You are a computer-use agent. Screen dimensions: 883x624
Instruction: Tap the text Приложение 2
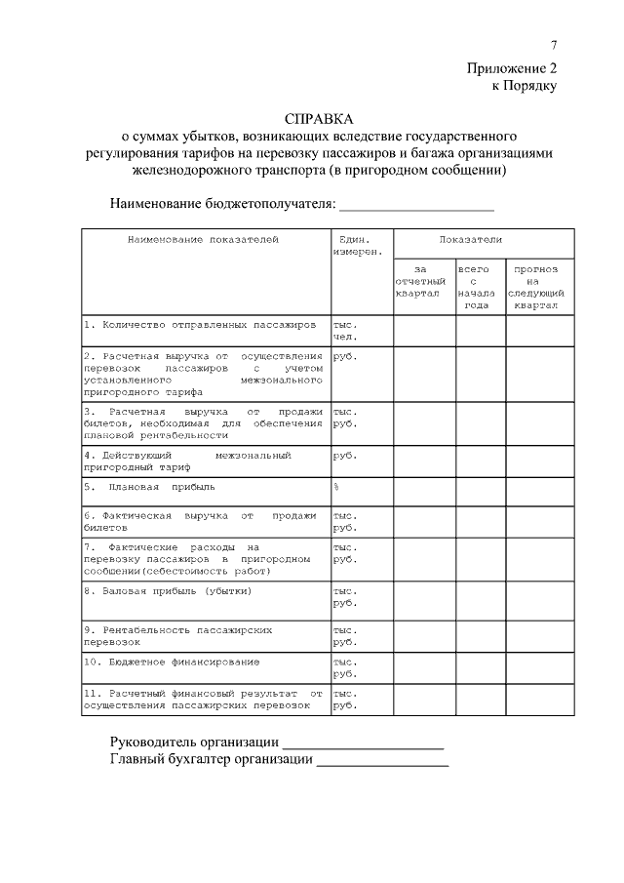coord(511,68)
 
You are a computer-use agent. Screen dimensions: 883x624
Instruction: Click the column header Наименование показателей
coord(203,239)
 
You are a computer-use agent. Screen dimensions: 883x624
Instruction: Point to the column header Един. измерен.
coord(353,245)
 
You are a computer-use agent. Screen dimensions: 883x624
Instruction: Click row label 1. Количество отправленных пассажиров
coord(200,323)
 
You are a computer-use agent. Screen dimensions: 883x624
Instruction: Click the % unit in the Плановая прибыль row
coord(335,485)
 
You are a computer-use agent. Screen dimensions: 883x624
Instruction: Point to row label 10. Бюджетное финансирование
coord(172,662)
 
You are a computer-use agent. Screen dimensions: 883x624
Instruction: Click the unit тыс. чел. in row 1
coord(345,329)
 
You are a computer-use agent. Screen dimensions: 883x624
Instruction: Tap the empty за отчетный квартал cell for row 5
coord(423,490)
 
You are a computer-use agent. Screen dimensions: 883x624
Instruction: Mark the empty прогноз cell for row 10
coord(538,667)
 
